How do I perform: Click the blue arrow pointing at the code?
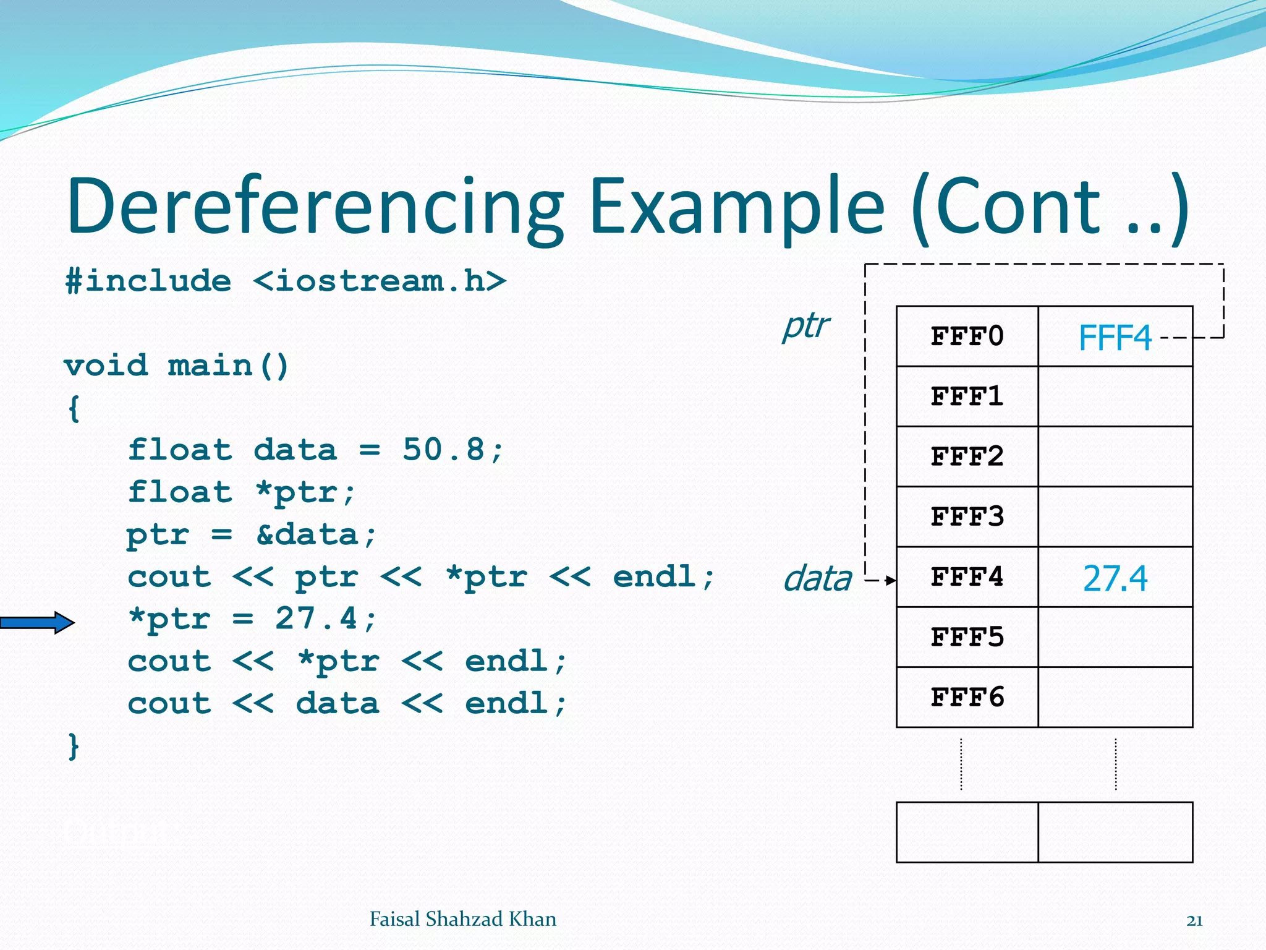tap(37, 622)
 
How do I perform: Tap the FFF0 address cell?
tap(967, 336)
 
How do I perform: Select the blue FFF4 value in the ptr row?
tap(1115, 338)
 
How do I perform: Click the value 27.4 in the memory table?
tap(1115, 579)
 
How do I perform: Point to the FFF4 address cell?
tap(967, 577)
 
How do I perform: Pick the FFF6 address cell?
tap(967, 697)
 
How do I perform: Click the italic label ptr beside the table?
tap(805, 326)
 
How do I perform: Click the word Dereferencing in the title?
tap(315, 207)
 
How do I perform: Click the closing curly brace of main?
tap(74, 747)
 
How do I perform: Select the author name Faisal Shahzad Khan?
tap(462, 919)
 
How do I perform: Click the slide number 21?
tap(1194, 921)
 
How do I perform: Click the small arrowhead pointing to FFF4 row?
tap(890, 580)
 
